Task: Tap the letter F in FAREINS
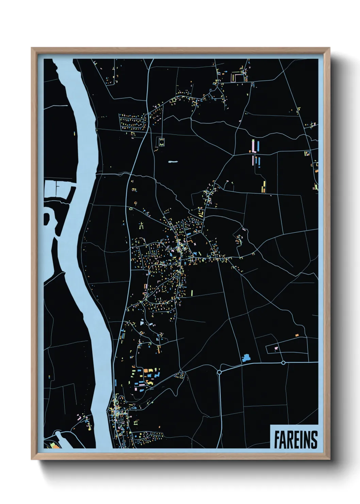tap(277, 440)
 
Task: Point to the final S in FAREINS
tap(313, 440)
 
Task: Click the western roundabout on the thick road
tap(219, 372)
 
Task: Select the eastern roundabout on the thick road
tap(283, 363)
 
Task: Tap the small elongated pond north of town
tap(173, 162)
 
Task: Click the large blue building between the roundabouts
tap(246, 358)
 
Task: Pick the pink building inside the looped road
tap(276, 348)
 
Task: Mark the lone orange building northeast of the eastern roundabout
tap(297, 335)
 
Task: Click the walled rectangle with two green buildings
tap(161, 142)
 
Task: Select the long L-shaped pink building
tap(253, 146)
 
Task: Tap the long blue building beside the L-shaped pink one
tap(258, 146)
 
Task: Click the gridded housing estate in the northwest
tap(133, 122)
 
